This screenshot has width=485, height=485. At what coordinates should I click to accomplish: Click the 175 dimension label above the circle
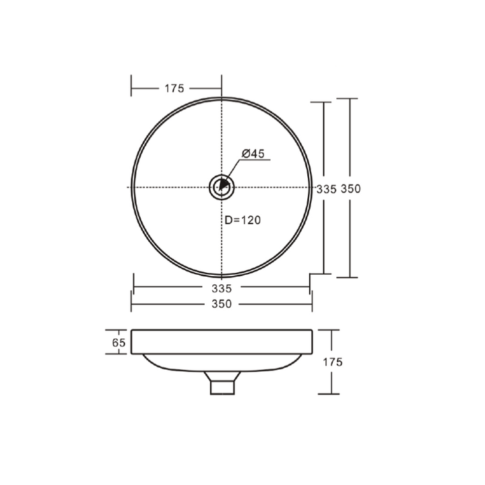click(174, 88)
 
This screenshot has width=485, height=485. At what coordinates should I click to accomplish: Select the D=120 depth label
click(242, 220)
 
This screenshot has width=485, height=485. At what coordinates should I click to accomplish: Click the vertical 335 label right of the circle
click(326, 189)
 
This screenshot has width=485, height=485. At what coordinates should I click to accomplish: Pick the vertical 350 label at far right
click(350, 189)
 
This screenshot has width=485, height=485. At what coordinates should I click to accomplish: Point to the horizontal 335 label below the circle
click(221, 288)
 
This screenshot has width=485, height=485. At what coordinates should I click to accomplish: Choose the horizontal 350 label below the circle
click(221, 304)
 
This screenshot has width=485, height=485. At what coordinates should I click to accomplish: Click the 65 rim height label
click(119, 342)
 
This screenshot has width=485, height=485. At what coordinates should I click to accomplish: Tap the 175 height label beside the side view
click(333, 362)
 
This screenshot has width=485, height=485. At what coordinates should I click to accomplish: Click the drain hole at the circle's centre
click(222, 187)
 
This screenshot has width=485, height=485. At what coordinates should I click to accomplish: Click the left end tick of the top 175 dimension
click(131, 88)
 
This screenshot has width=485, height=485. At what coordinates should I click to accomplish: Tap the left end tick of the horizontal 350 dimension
click(131, 304)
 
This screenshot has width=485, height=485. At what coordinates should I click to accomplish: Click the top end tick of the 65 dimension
click(119, 329)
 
